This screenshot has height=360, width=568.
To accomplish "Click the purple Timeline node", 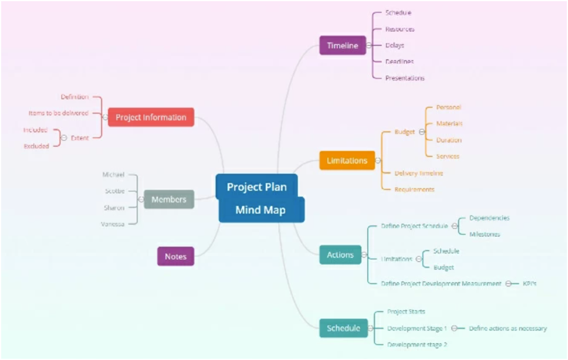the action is pyautogui.click(x=342, y=45).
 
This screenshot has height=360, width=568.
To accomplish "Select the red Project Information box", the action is pyautogui.click(x=151, y=117).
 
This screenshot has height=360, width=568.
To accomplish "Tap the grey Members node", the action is pyautogui.click(x=169, y=199).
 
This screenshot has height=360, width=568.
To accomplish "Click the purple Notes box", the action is pyautogui.click(x=175, y=256).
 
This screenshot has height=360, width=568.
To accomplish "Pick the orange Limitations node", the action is pyautogui.click(x=347, y=161).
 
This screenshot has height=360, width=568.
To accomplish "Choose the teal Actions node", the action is pyautogui.click(x=340, y=254).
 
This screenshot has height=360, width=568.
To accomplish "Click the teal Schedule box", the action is pyautogui.click(x=343, y=328).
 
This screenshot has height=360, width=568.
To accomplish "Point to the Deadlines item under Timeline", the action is pyautogui.click(x=399, y=61).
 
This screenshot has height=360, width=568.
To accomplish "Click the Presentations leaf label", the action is pyautogui.click(x=405, y=78).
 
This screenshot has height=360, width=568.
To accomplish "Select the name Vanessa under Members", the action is pyautogui.click(x=113, y=224).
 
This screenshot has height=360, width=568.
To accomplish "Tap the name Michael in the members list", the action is pyautogui.click(x=114, y=174).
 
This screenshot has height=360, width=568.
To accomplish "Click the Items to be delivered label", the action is pyautogui.click(x=59, y=113).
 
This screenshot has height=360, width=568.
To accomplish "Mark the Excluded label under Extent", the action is pyautogui.click(x=37, y=146).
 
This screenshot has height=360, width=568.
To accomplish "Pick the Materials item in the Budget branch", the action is pyautogui.click(x=449, y=123).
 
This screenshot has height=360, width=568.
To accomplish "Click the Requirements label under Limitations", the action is pyautogui.click(x=414, y=189).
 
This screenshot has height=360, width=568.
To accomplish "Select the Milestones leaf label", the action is pyautogui.click(x=484, y=234).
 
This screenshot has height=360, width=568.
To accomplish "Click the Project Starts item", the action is pyautogui.click(x=406, y=312).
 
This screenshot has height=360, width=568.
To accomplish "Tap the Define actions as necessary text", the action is pyautogui.click(x=508, y=328).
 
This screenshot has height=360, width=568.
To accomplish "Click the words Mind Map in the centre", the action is pyautogui.click(x=261, y=210).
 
